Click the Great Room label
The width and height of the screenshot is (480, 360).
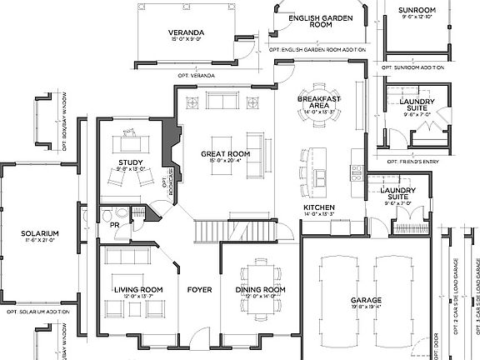pos(225,154)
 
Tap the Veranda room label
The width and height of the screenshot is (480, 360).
pos(186,34)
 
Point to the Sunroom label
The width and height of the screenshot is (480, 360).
pos(418,10)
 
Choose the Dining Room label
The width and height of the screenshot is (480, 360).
pos(262,290)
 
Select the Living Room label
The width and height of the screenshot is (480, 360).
pos(137,290)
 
